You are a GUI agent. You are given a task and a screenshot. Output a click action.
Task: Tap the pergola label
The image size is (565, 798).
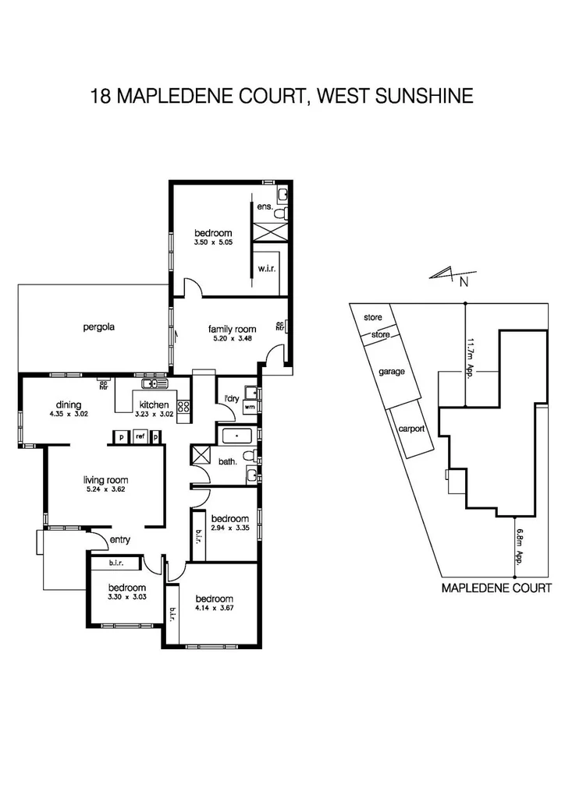(99, 327)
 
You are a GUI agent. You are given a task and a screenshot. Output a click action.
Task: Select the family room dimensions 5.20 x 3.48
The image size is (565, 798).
(232, 339)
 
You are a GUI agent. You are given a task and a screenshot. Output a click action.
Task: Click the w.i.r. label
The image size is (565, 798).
(264, 269)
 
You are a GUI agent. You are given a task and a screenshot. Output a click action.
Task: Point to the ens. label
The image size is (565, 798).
(264, 207)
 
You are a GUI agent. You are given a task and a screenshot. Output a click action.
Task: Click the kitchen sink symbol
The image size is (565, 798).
(154, 383)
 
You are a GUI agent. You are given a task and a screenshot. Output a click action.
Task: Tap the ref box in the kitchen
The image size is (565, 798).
(140, 437)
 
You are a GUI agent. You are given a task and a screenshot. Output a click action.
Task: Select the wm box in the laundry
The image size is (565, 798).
(250, 407)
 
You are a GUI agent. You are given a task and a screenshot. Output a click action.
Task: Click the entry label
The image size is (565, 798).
(120, 540)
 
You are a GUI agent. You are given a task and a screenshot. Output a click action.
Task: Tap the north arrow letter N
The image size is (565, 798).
(464, 282)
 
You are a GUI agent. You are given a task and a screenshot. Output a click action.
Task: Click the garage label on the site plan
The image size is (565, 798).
(392, 372)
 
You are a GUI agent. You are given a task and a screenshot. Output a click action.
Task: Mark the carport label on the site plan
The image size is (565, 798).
(410, 429)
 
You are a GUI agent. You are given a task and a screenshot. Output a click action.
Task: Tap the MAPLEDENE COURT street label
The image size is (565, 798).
(496, 588)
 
